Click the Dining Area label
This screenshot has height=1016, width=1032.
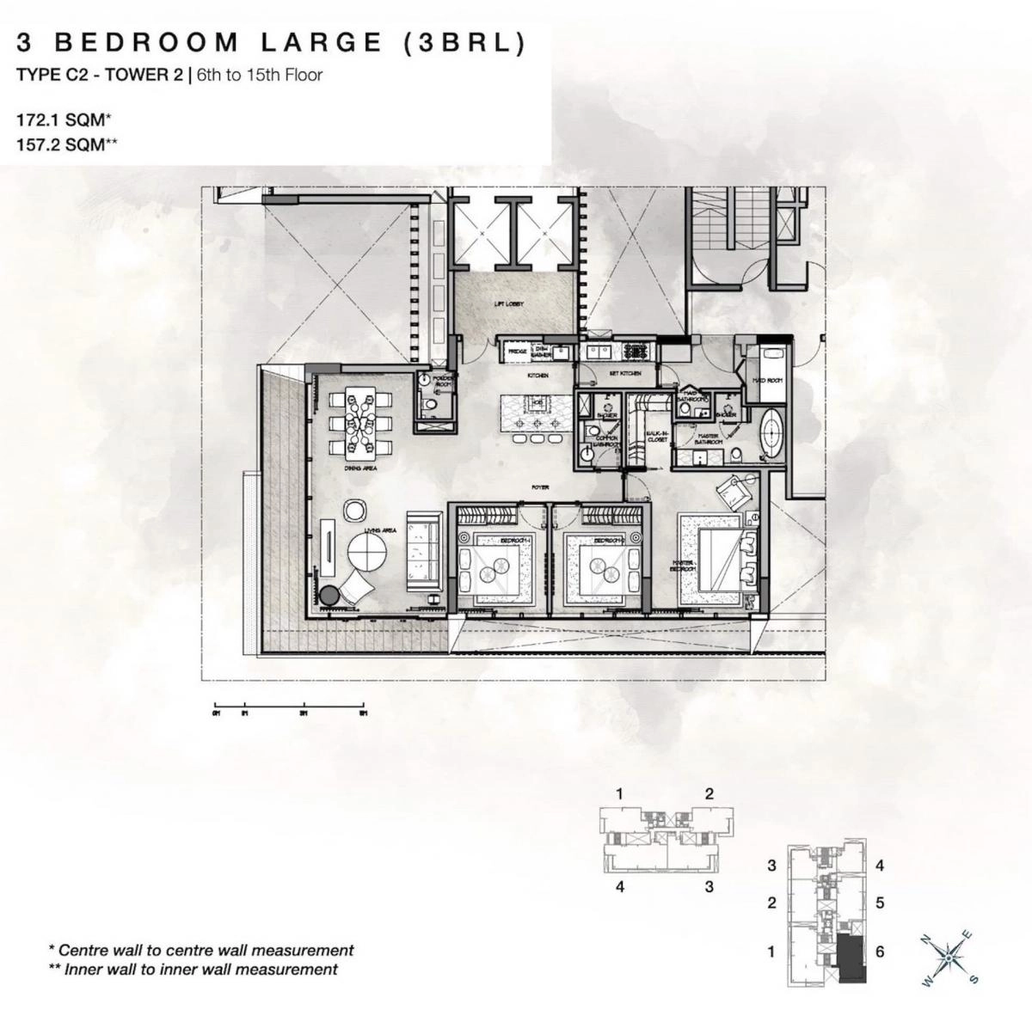click(x=357, y=493)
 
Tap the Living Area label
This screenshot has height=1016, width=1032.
click(x=381, y=531)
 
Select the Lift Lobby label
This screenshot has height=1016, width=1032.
click(x=509, y=304)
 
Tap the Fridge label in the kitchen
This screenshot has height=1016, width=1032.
click(x=517, y=352)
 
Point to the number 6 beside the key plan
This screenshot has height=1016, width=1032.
click(x=880, y=952)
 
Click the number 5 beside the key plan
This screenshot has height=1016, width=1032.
click(x=880, y=903)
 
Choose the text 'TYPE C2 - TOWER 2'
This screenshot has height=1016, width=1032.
click(x=100, y=75)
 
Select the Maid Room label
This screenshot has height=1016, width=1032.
click(x=766, y=380)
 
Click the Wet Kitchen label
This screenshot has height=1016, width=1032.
click(x=625, y=374)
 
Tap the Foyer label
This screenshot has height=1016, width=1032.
click(x=539, y=487)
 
